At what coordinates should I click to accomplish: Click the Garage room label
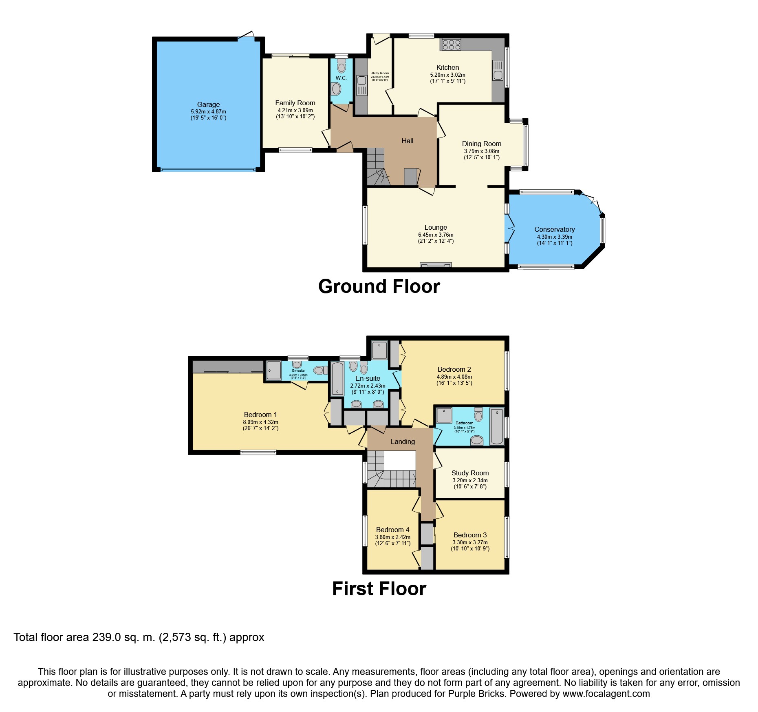(x=208, y=104)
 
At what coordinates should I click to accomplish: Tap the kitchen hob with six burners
(x=451, y=44)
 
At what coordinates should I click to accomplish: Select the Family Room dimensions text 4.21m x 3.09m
(x=295, y=110)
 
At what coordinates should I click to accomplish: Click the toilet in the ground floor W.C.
(x=342, y=66)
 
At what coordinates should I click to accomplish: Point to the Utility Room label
(x=379, y=73)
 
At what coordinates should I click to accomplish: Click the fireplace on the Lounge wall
(x=436, y=266)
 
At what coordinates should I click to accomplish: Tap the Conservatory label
(x=554, y=229)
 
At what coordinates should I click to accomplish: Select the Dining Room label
(x=481, y=144)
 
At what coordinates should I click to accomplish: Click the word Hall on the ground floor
(x=407, y=141)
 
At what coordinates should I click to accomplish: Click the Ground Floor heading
(x=379, y=286)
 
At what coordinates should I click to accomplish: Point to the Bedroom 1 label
(x=260, y=415)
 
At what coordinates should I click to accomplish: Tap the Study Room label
(x=470, y=473)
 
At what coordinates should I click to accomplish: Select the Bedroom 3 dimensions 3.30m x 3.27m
(x=470, y=542)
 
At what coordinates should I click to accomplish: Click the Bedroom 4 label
(x=392, y=530)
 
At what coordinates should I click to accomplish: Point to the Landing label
(x=403, y=441)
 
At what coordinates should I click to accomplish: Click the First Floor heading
(x=379, y=589)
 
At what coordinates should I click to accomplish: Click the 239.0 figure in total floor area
(x=106, y=637)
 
